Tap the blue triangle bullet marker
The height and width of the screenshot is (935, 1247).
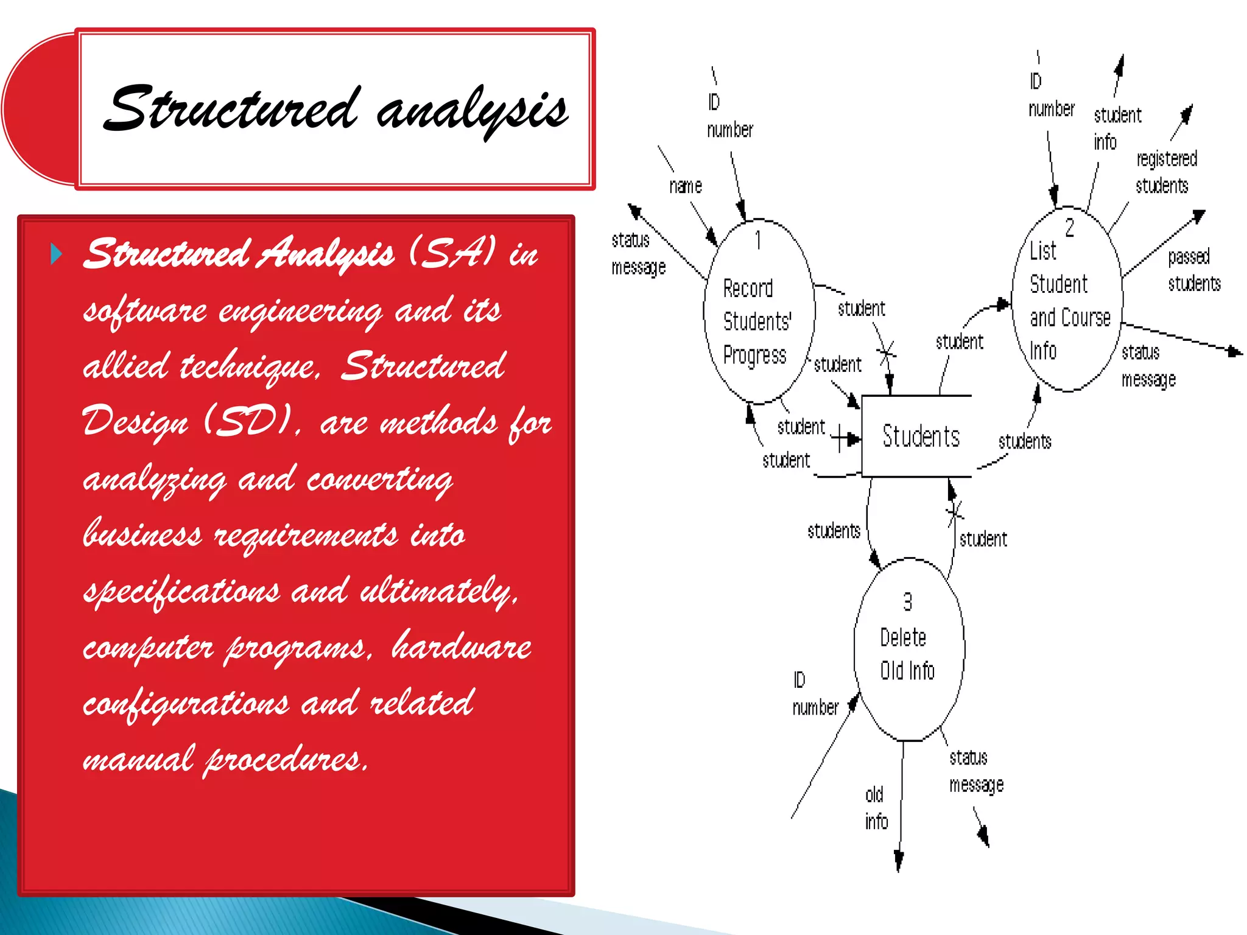56,253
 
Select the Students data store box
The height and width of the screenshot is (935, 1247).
917,436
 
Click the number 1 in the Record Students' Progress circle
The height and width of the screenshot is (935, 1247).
758,240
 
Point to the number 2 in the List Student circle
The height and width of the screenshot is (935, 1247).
1069,228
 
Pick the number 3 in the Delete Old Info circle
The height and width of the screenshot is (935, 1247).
907,602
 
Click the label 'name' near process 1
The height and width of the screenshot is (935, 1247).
685,186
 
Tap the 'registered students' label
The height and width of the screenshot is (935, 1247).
1165,172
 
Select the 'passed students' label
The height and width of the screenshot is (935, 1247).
1193,270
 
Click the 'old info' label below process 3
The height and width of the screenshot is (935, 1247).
876,808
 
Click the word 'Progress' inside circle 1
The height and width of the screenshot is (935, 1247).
754,355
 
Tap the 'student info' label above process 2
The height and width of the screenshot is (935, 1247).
1116,128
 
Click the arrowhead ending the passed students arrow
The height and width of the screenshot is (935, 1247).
1199,215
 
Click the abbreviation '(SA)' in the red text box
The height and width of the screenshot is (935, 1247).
452,252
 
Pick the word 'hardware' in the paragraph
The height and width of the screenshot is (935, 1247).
461,646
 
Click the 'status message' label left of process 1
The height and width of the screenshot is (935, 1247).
638,254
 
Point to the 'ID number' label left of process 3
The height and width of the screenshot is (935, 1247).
815,694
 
